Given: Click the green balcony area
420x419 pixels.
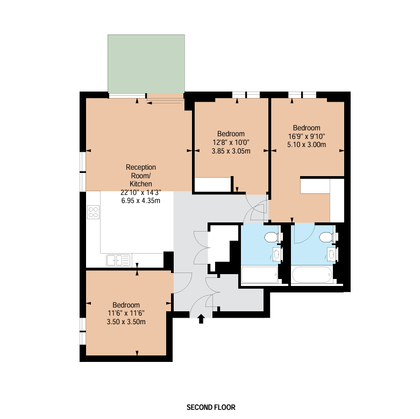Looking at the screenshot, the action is click(146, 64).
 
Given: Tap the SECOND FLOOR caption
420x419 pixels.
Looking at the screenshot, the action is click(211, 407).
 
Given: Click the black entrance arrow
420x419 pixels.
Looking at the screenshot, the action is click(201, 319).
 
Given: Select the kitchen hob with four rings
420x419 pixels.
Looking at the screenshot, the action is click(93, 212).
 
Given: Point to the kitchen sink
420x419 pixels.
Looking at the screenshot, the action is click(118, 260).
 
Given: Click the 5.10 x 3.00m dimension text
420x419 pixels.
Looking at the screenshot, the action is click(307, 144).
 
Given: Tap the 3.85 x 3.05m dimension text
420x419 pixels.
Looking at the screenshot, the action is click(231, 151).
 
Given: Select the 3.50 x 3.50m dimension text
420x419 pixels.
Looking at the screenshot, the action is click(126, 322).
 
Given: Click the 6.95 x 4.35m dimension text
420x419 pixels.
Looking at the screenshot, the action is click(140, 201).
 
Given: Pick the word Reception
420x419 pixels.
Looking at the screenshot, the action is click(141, 167).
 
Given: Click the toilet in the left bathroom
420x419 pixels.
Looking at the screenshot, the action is click(272, 237).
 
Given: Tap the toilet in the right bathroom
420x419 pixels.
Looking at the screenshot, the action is click(326, 237).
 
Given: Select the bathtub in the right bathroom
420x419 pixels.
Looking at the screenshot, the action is click(312, 275).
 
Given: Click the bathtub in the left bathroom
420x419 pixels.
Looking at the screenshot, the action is click(260, 275).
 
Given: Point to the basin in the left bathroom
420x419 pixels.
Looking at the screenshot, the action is click(276, 254).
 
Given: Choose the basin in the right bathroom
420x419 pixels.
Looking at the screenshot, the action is click(331, 254).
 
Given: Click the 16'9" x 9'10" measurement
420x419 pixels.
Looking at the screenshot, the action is click(307, 136).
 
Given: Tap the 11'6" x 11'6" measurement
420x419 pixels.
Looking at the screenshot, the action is click(126, 313).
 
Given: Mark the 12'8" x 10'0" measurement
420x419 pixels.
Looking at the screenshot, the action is click(231, 142).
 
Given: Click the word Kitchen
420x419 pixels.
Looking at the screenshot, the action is click(141, 184).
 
